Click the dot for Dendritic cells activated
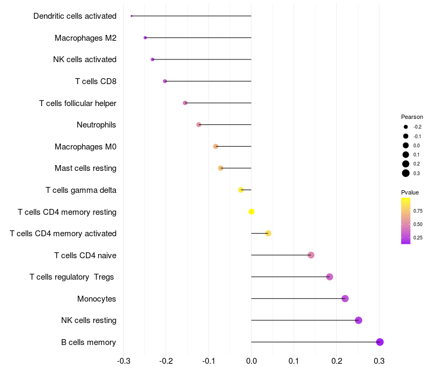point(131,16)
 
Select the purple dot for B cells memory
point(380,342)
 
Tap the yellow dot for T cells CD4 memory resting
point(252,212)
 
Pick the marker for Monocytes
point(345,298)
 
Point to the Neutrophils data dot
point(198,125)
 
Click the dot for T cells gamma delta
point(241,190)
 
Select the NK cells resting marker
point(358,320)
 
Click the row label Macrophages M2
point(86,37)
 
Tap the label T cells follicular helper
point(78,103)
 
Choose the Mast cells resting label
point(86,168)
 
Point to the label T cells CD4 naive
point(85,256)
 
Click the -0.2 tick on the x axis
point(166,361)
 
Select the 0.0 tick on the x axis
point(252,361)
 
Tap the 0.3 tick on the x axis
point(379,361)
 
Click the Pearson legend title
point(412,117)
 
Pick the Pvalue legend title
point(410,192)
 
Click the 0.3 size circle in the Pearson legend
point(406,173)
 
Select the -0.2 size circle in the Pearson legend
point(406,127)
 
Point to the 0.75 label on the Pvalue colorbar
point(418,211)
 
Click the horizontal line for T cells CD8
point(208,81)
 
